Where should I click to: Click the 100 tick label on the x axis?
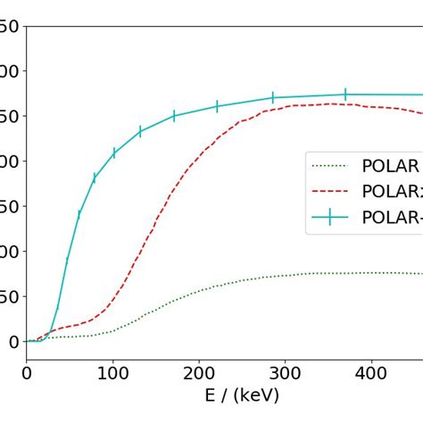tap(112, 369)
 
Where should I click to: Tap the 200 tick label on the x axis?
tap(198, 369)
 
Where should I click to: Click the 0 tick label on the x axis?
tap(27, 369)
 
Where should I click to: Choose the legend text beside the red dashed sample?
tap(393, 191)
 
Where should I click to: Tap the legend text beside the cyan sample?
tap(393, 217)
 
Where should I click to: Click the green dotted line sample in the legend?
tap(331, 165)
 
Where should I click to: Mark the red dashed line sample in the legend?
tap(331, 191)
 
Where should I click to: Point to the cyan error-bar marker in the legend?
tap(331, 217)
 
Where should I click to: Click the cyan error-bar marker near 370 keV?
tap(345, 94)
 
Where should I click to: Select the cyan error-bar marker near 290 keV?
tap(273, 97)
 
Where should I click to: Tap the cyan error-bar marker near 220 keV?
tap(217, 106)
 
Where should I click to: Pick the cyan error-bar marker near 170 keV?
tap(174, 115)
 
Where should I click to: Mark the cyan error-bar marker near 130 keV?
tap(140, 132)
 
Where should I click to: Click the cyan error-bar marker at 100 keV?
tap(114, 153)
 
